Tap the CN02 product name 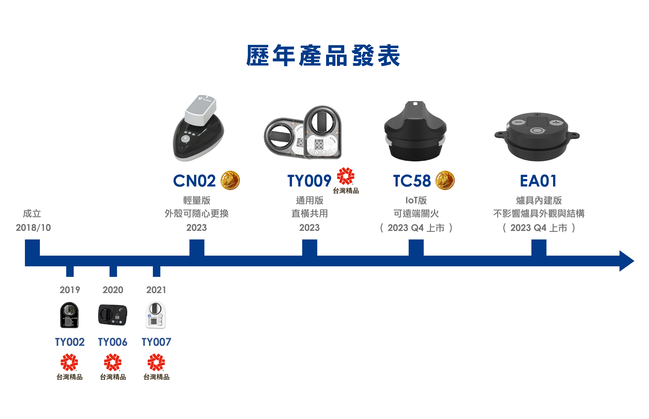tap(194, 181)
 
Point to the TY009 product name tap(309, 181)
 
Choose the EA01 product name tap(538, 181)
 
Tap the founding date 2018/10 tap(33, 227)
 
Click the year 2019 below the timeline tap(70, 290)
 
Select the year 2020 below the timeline tap(113, 290)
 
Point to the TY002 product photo tap(69, 315)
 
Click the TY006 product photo tap(112, 315)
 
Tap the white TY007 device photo tap(156, 315)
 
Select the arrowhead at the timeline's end tap(627, 261)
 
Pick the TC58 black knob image tap(415, 131)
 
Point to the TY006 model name tap(112, 342)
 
